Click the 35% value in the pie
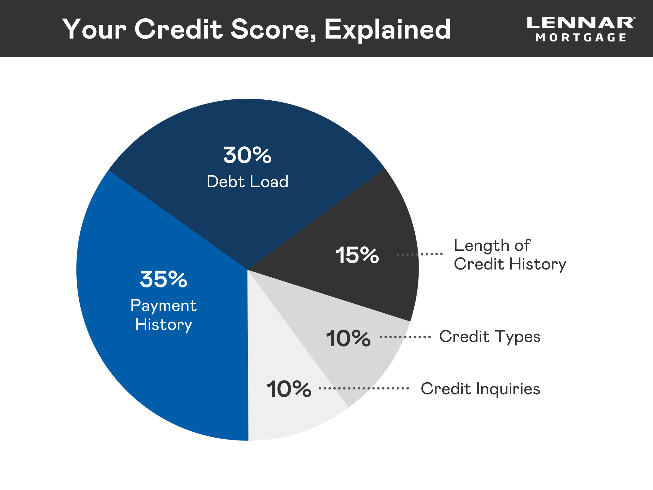click(x=164, y=279)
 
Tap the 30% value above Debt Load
click(x=247, y=155)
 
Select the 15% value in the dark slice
click(x=357, y=255)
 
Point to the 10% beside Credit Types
click(x=348, y=338)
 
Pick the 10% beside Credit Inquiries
click(x=289, y=389)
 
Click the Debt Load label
click(x=247, y=182)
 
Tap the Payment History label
click(x=164, y=315)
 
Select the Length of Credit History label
click(x=510, y=255)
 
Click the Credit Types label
click(x=490, y=337)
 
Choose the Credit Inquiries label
click(x=480, y=389)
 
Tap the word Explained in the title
click(x=388, y=29)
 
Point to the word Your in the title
click(x=95, y=29)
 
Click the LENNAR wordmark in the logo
click(x=581, y=23)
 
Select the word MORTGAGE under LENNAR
click(x=581, y=38)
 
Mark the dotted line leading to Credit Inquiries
click(x=364, y=388)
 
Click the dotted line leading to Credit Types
click(x=405, y=337)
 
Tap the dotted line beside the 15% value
click(x=420, y=254)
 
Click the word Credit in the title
click(x=179, y=29)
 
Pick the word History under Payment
click(x=164, y=325)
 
